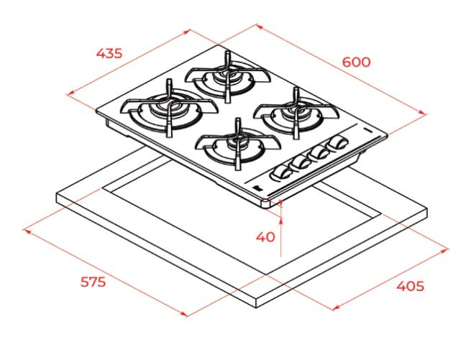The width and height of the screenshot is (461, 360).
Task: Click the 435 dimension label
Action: click(109, 53)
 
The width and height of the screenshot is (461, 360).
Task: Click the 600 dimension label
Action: click(356, 62)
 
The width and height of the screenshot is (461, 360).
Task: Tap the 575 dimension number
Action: click(93, 282)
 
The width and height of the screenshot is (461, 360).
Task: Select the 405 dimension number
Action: click(410, 286)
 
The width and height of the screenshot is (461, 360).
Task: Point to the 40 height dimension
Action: click(265, 236)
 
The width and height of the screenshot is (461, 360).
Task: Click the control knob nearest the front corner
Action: click(280, 172)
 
